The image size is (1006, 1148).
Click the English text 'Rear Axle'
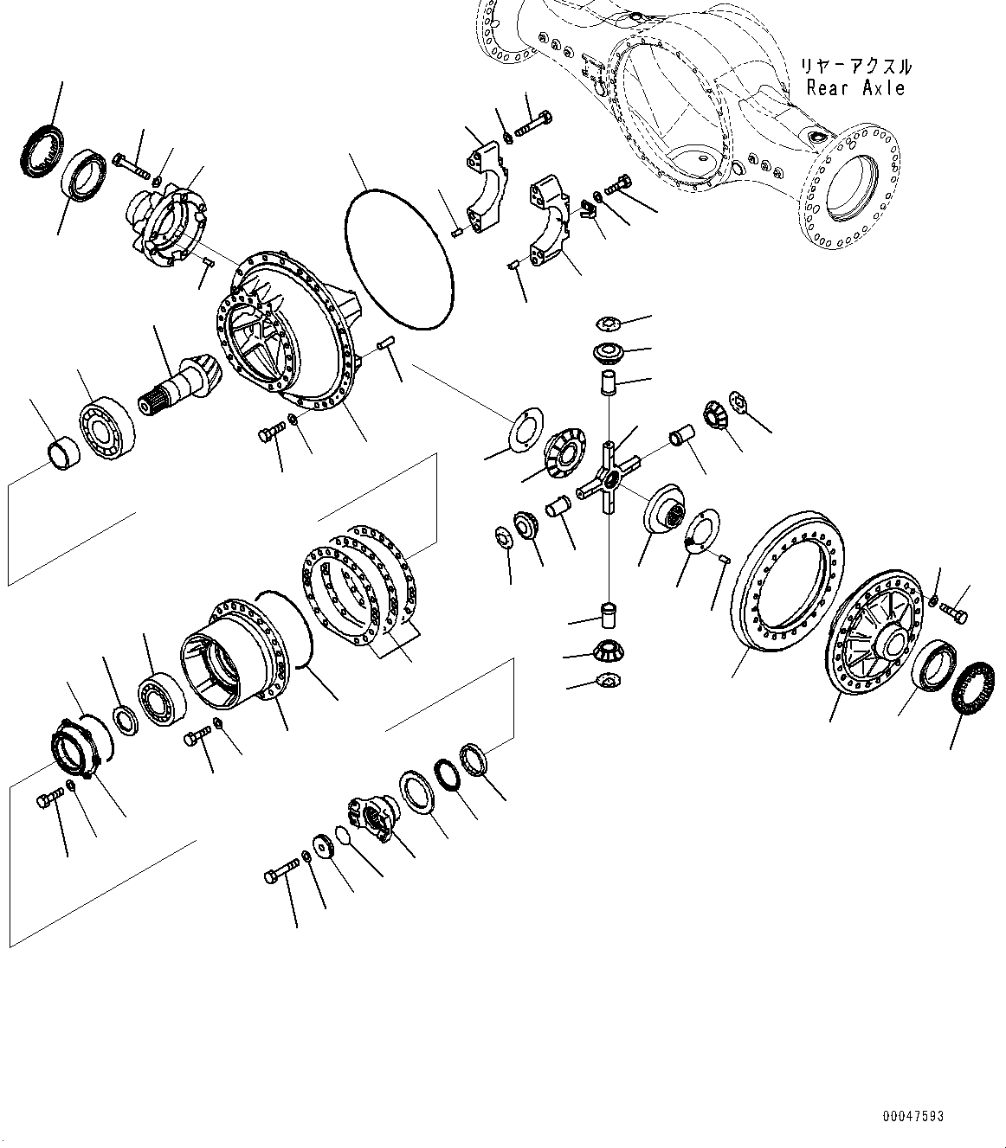pos(855,88)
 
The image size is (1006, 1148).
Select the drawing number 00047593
pos(912,1116)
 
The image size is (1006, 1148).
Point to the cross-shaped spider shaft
pos(611,477)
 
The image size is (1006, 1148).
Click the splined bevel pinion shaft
pos(172,386)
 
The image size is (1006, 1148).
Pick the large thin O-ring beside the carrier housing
pos(398,259)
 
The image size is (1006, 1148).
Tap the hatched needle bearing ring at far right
pos(972,688)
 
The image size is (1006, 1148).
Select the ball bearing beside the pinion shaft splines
pos(106,423)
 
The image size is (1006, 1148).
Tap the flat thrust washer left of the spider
pos(522,429)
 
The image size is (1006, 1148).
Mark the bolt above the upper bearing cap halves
pos(532,125)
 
